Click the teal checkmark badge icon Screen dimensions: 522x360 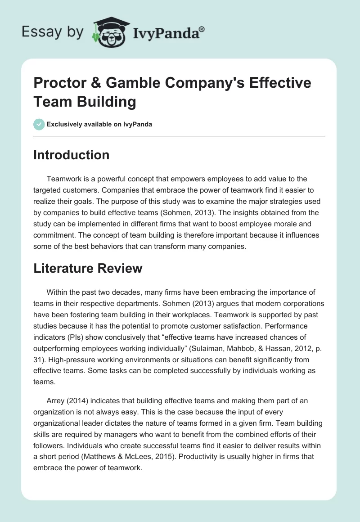coord(39,124)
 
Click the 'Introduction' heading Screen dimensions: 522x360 coord(72,155)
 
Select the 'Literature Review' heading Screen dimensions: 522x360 coord(88,268)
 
